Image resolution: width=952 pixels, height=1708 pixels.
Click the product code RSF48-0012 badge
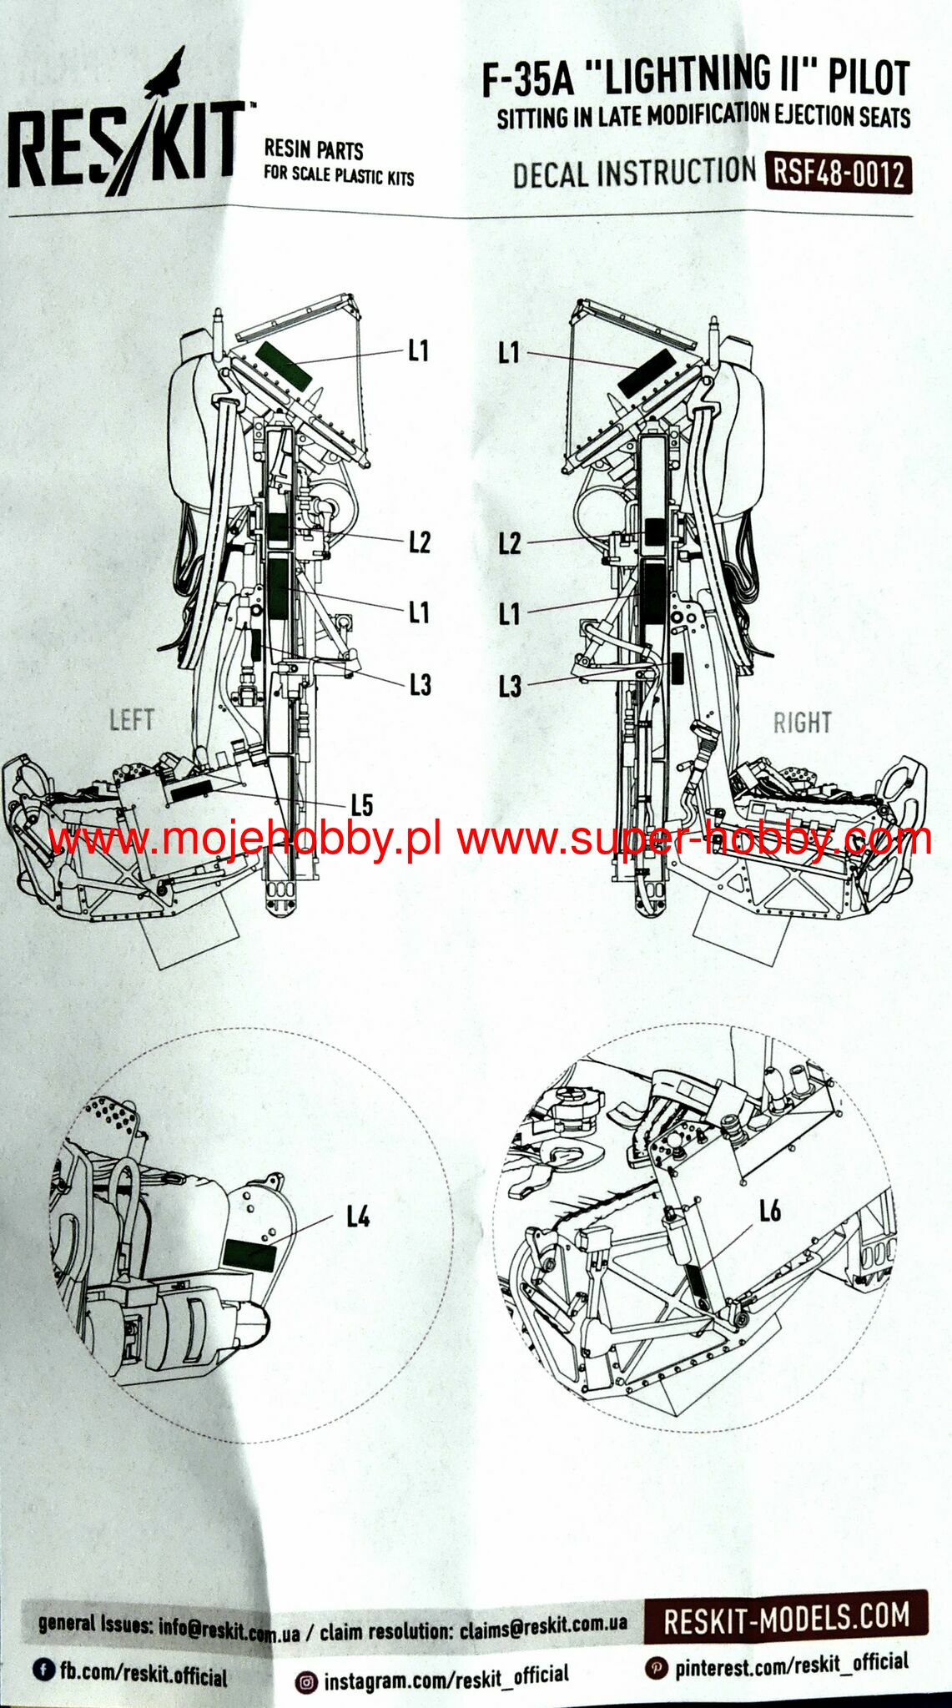coord(838,174)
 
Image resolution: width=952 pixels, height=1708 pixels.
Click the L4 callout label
coord(358,1217)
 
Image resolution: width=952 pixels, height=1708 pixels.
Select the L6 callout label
coord(769,1211)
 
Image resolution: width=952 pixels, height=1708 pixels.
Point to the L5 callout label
coord(361,805)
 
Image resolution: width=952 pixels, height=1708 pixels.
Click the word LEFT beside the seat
coord(132,719)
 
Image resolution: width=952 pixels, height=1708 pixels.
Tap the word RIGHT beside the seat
coord(802,722)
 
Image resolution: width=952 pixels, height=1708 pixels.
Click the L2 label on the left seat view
coord(420,542)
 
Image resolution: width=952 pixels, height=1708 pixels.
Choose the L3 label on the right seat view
coord(509,687)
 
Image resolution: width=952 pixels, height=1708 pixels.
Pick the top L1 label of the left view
coord(419,351)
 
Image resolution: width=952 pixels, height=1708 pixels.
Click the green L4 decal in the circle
coord(249,1254)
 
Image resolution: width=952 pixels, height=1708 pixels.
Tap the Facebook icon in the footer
coord(43,1669)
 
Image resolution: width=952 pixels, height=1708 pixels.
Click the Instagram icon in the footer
coord(307,1683)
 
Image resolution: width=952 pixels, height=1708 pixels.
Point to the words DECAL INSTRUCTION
coord(634,173)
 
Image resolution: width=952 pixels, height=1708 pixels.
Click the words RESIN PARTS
coord(314,149)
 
